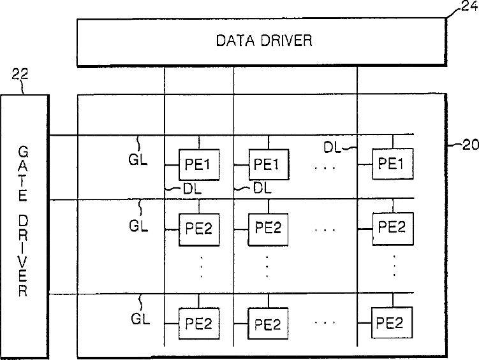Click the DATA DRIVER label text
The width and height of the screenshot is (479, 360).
263,41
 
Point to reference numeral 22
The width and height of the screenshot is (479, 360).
20,76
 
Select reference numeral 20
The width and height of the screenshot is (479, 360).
469,145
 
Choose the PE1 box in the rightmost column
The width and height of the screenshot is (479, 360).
392,164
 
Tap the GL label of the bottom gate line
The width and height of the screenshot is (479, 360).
138,319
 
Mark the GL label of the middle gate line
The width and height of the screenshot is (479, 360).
138,225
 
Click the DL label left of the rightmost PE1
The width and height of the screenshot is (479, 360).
332,147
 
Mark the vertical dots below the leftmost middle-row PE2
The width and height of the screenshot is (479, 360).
201,266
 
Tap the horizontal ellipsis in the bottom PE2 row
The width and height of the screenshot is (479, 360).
326,324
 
